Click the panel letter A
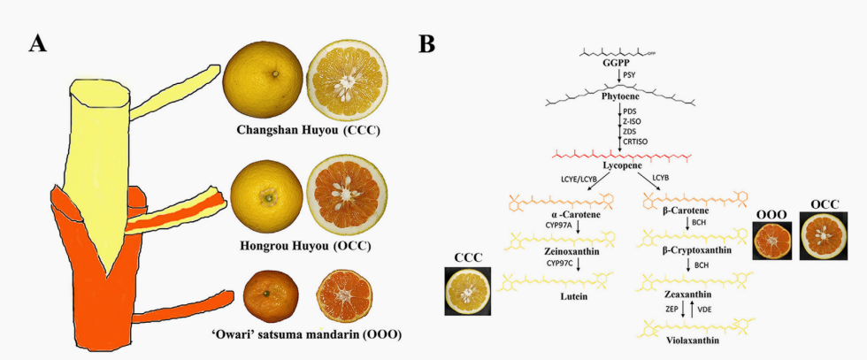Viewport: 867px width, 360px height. coord(37,42)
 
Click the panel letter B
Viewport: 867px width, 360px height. coord(426,42)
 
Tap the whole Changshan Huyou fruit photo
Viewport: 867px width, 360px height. coord(262,79)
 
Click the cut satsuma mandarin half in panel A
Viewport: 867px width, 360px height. coord(348,296)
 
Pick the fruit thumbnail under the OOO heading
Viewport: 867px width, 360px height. coord(772,238)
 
